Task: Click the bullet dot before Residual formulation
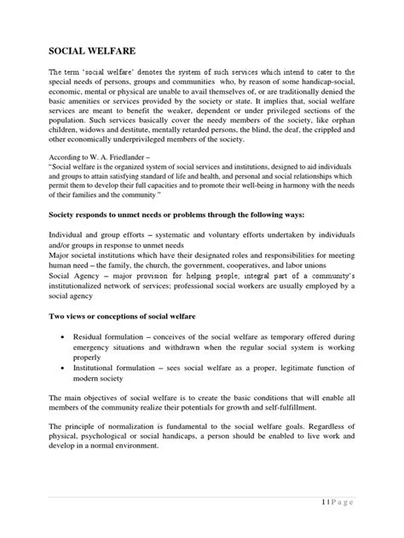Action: coord(66,337)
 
